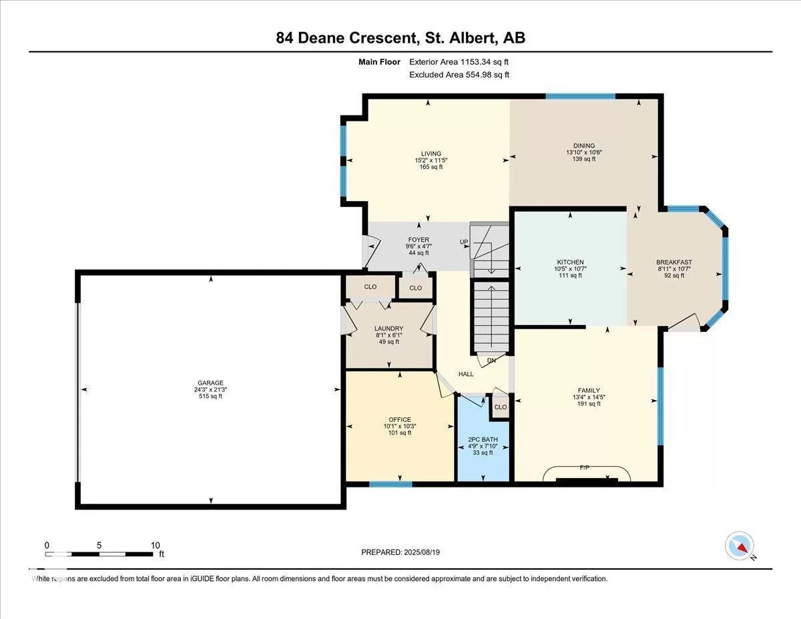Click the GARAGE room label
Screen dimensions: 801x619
point(210,383)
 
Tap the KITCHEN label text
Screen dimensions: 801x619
point(570,262)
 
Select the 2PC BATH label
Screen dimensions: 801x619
point(483,439)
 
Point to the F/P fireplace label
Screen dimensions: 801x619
point(585,467)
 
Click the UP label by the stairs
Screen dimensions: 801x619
point(464,242)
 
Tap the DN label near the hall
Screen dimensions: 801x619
point(491,360)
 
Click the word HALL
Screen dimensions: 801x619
point(466,374)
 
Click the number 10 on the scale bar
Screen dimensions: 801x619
point(155,546)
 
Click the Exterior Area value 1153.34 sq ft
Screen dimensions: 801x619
point(485,62)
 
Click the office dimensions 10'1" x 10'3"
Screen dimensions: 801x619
point(400,426)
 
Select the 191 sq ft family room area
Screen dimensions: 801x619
point(589,404)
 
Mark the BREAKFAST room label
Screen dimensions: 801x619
point(674,262)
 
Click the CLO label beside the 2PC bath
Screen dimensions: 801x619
point(501,407)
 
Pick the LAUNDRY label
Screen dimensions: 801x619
point(389,329)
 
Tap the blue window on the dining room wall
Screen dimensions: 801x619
point(581,97)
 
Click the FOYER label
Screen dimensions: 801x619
point(419,240)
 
